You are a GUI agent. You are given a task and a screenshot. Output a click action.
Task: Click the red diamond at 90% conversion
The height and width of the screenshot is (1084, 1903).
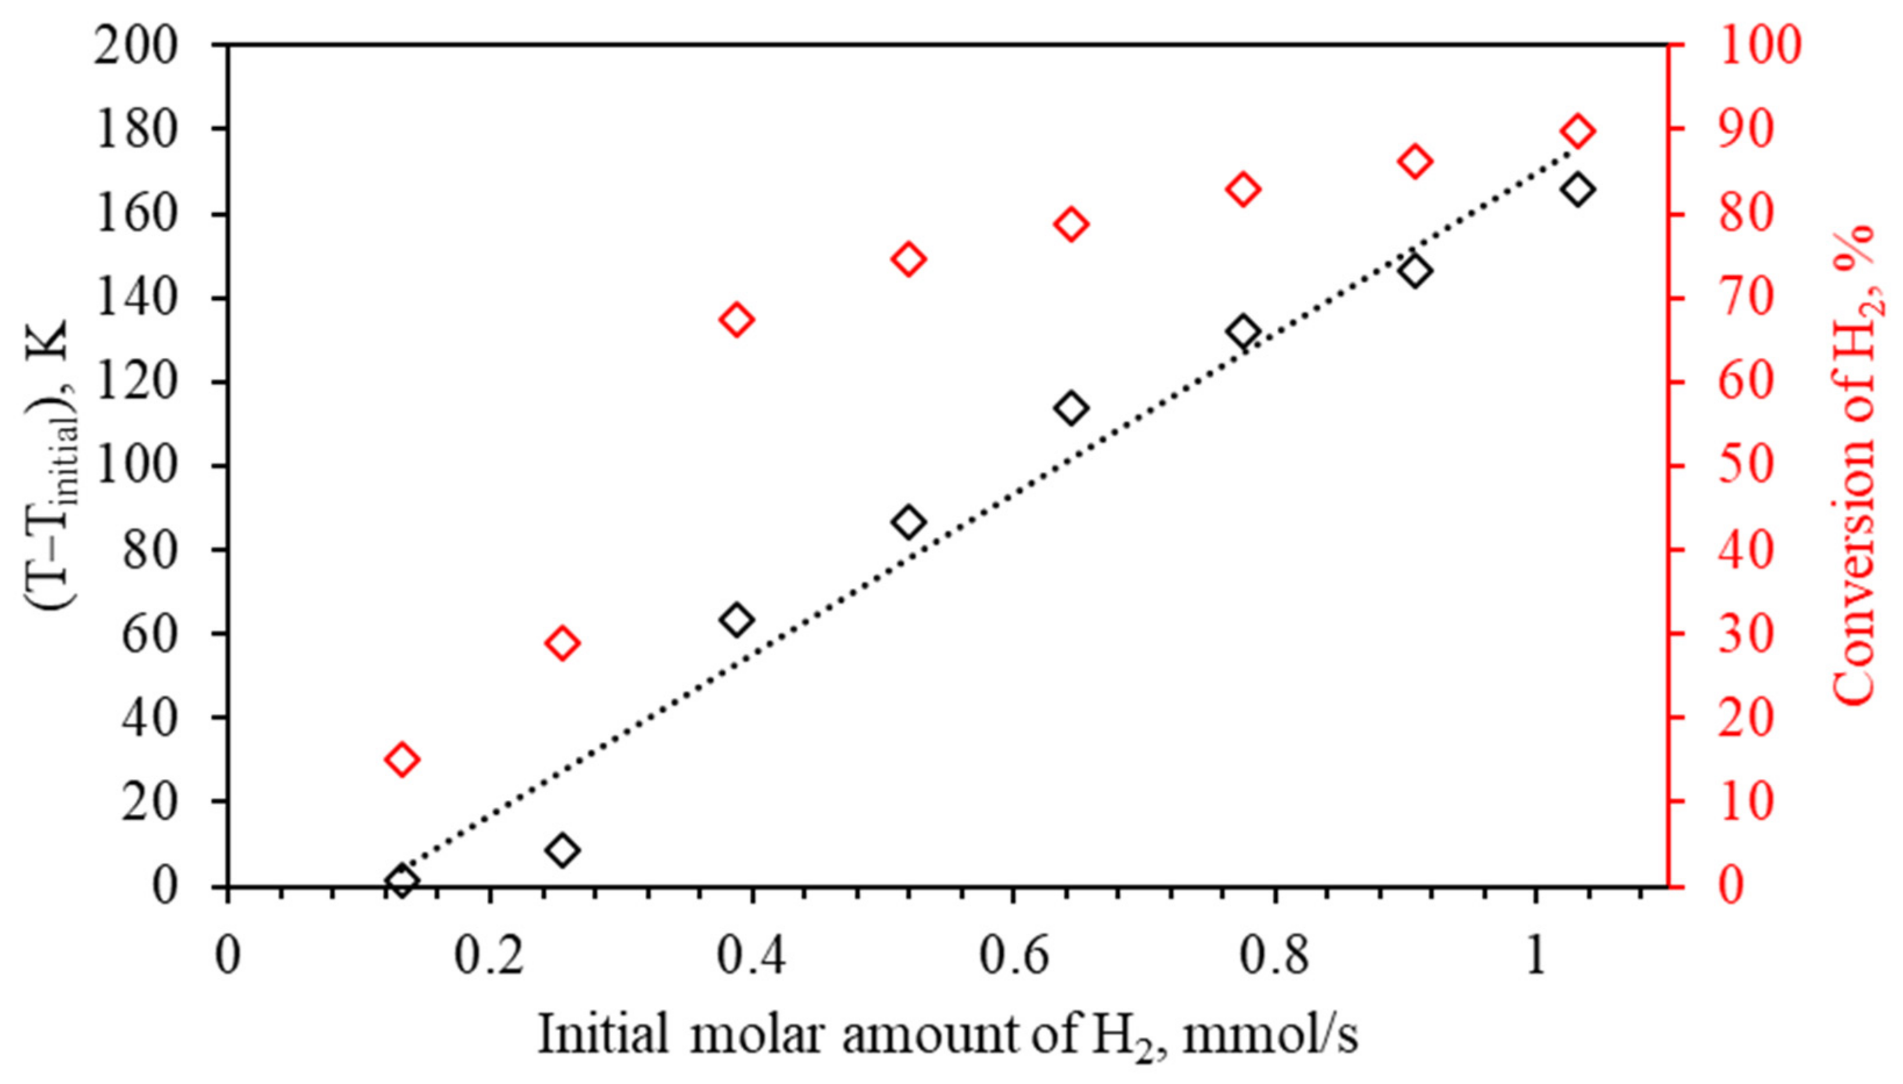[1577, 132]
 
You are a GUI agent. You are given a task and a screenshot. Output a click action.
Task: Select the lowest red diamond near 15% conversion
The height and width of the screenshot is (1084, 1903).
[402, 759]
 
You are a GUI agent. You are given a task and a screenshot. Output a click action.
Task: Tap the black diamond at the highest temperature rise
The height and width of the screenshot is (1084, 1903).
[1577, 190]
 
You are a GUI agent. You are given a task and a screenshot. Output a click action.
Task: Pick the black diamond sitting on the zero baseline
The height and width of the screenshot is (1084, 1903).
[402, 881]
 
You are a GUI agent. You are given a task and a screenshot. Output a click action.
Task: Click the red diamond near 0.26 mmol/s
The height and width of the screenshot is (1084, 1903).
[563, 643]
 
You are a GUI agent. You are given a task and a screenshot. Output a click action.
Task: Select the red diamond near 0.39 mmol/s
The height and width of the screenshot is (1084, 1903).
[737, 320]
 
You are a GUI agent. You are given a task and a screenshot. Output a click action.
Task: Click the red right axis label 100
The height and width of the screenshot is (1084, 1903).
[1760, 46]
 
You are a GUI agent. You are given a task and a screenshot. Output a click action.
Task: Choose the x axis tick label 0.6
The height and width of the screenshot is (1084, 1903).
[1012, 957]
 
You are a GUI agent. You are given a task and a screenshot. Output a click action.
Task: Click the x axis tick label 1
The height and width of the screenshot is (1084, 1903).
[1535, 957]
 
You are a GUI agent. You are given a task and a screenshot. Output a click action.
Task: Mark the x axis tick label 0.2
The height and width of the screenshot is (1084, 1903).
[488, 957]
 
